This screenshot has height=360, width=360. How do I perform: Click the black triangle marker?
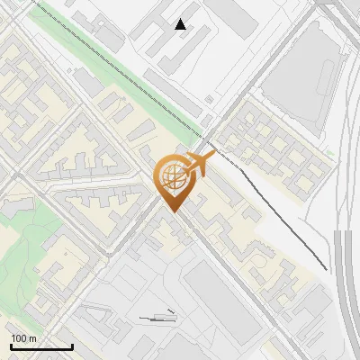pyautogui.click(x=181, y=24)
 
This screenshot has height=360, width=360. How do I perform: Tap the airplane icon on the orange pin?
pyautogui.click(x=201, y=162)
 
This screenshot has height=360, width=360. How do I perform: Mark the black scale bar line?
pyautogui.click(x=41, y=346)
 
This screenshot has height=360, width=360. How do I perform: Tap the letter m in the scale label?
pyautogui.click(x=34, y=338)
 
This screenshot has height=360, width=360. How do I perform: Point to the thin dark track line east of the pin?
pyautogui.click(x=279, y=216)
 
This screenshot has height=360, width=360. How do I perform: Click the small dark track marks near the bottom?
pyautogui.click(x=157, y=317)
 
